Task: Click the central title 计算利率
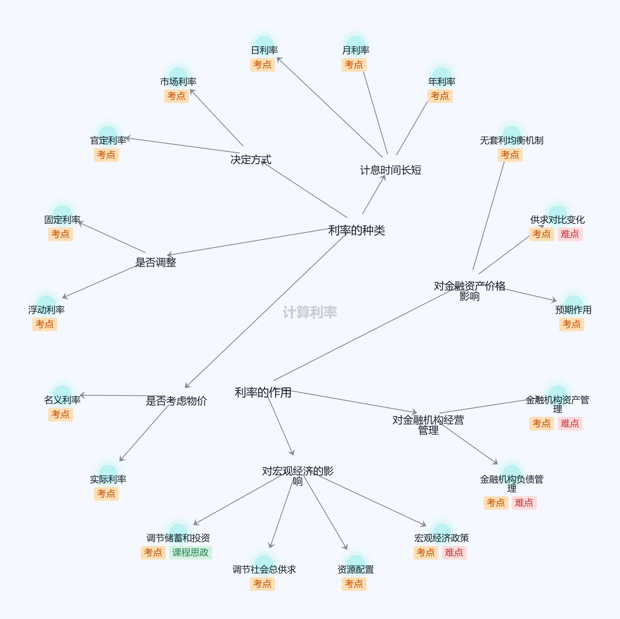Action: tap(310, 312)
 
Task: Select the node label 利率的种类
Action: tap(356, 230)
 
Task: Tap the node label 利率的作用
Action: tap(263, 392)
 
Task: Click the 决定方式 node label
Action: tap(250, 160)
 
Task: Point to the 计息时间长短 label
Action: tap(390, 170)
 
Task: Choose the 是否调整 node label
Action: tap(155, 262)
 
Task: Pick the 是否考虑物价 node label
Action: tap(176, 401)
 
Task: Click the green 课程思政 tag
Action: tap(190, 552)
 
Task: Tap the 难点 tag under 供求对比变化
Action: tap(570, 234)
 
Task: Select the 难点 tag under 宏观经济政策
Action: tap(454, 552)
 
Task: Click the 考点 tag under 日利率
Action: tap(262, 65)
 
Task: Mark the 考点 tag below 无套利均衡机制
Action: tap(509, 155)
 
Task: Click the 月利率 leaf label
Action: tap(356, 50)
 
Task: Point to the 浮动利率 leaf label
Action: tap(46, 310)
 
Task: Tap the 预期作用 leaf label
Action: tap(573, 310)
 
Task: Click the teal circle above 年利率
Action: tap(441, 74)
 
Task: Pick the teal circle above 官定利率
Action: tap(108, 133)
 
